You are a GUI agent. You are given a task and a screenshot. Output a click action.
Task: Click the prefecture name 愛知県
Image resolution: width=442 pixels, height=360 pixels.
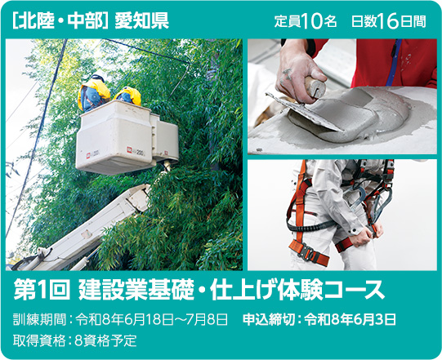tap(141, 21)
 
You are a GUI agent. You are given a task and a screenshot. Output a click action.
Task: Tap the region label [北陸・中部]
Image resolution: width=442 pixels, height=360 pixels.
tap(60, 21)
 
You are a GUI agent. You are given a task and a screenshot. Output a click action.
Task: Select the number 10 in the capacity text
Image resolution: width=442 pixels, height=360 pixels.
tap(311, 21)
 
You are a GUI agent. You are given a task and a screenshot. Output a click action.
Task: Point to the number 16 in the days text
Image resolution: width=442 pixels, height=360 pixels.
tap(388, 21)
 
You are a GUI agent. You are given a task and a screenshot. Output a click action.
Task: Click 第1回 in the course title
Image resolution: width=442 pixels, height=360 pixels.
tap(42, 289)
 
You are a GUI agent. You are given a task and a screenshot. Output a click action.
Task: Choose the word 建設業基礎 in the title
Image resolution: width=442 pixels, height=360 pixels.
tap(136, 289)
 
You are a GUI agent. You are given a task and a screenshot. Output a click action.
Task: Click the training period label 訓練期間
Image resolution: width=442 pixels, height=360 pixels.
tap(39, 320)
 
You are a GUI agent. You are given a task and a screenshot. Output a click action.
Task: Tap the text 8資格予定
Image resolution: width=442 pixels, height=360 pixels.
tap(105, 341)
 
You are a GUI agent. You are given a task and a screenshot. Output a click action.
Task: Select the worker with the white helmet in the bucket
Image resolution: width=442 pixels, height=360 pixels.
tap(94, 92)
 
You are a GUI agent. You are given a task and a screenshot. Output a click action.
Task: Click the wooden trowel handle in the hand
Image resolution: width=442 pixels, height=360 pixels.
tap(315, 86)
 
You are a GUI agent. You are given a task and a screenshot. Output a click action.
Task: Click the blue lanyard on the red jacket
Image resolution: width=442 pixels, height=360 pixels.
tap(394, 63)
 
